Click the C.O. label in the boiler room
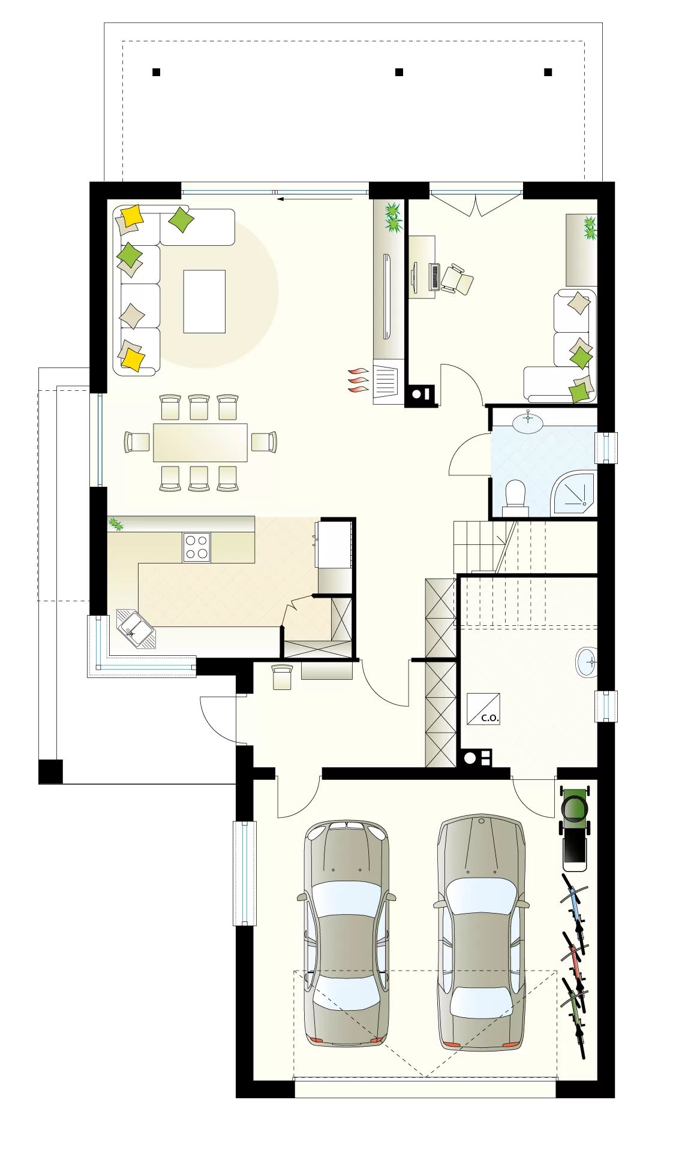[490, 718]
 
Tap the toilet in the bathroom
[515, 497]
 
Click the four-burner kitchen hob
[196, 547]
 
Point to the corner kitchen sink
[136, 629]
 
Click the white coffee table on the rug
[205, 301]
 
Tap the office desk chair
[456, 279]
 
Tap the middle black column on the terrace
[399, 72]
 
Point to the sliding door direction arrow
[315, 198]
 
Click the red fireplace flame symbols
[359, 380]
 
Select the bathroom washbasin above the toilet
[528, 421]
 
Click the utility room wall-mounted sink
[587, 662]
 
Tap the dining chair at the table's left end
[137, 442]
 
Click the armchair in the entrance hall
[282, 677]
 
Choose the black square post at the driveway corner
[50, 772]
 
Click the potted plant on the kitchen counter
[115, 525]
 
